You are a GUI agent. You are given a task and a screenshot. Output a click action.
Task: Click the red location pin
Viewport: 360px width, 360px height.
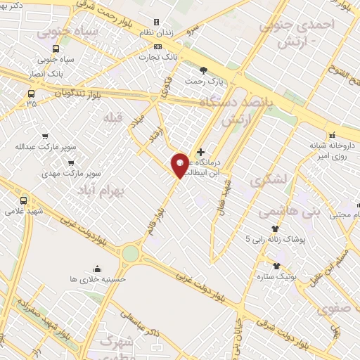click(181, 165)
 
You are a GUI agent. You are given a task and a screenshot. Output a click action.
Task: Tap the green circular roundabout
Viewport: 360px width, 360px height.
click(131, 253)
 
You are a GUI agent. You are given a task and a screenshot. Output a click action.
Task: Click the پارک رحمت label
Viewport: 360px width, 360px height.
click(203, 82)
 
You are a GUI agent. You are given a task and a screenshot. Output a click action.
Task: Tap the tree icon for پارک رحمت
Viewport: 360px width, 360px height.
click(203, 70)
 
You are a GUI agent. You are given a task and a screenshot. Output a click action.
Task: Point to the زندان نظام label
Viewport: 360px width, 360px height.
click(156, 33)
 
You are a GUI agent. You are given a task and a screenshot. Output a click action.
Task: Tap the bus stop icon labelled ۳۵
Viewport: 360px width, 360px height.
click(31, 93)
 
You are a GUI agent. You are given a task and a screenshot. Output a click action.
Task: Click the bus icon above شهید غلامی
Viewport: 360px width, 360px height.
click(25, 200)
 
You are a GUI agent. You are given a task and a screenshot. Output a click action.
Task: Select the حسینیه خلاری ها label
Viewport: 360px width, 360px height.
click(96, 279)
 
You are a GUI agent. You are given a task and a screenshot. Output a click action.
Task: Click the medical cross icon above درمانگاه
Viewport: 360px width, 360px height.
click(201, 152)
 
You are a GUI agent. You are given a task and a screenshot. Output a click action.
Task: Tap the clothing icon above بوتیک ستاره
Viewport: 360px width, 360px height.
click(276, 266)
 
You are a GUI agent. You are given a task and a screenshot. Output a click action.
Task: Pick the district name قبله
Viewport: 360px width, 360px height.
click(112, 115)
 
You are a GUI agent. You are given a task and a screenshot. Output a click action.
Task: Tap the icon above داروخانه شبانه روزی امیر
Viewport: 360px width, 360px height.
click(330, 136)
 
